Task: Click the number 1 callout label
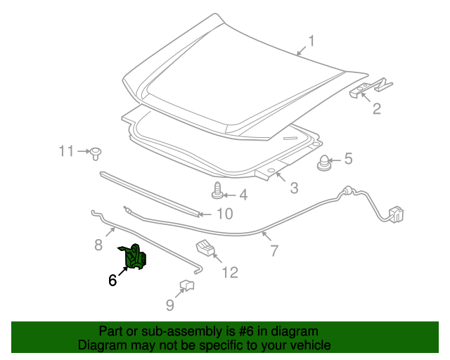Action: coord(311,41)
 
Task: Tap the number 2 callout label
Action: coord(377,108)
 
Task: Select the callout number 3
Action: coord(294,188)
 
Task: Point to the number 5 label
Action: coord(349,158)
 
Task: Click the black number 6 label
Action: coord(112,280)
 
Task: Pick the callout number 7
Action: coord(274,251)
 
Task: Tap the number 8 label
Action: coord(98,245)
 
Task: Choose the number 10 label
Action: coord(225,214)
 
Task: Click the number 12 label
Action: coord(230,272)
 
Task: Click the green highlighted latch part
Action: coord(134,257)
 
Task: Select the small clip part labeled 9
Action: coord(187,285)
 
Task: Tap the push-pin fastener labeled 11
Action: coord(96,154)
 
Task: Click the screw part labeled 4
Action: coord(217,191)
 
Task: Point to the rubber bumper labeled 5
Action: coord(323,162)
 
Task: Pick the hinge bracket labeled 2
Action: coord(371,87)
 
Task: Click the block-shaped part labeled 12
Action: coord(205,247)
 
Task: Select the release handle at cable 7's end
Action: coord(396,214)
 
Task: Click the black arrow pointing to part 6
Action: coord(123,271)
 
